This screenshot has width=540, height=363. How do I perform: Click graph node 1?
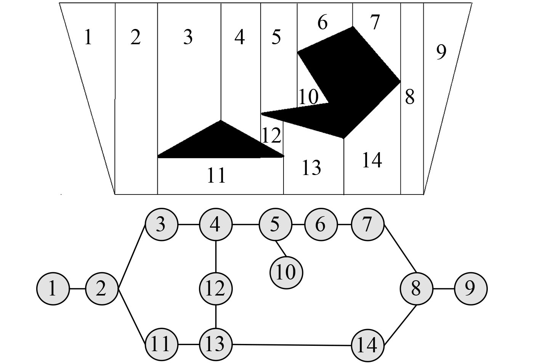coord(53,289)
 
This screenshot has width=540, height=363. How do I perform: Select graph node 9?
coord(471,289)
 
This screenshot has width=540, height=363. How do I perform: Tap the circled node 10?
coord(286,273)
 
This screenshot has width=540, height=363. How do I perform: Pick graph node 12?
coord(216,289)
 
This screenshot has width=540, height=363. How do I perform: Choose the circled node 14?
coord(367,345)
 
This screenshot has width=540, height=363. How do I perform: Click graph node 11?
coord(161,345)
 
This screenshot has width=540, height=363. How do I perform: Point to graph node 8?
coord(416,289)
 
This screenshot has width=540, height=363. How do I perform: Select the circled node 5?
coord(275,225)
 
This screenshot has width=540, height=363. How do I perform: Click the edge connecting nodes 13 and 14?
coord(292,345)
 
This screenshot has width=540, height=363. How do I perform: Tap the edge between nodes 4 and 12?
coord(216,257)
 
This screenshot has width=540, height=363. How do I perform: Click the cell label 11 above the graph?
coord(216,176)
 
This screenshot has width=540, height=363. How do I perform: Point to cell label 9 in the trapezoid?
coord(441,52)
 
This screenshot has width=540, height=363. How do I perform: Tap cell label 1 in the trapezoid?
coord(88,37)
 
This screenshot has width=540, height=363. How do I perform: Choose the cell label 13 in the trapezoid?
coord(311,168)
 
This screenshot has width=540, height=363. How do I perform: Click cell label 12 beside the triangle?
coord(271,136)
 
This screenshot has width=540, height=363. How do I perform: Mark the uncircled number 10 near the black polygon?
coord(308,97)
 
